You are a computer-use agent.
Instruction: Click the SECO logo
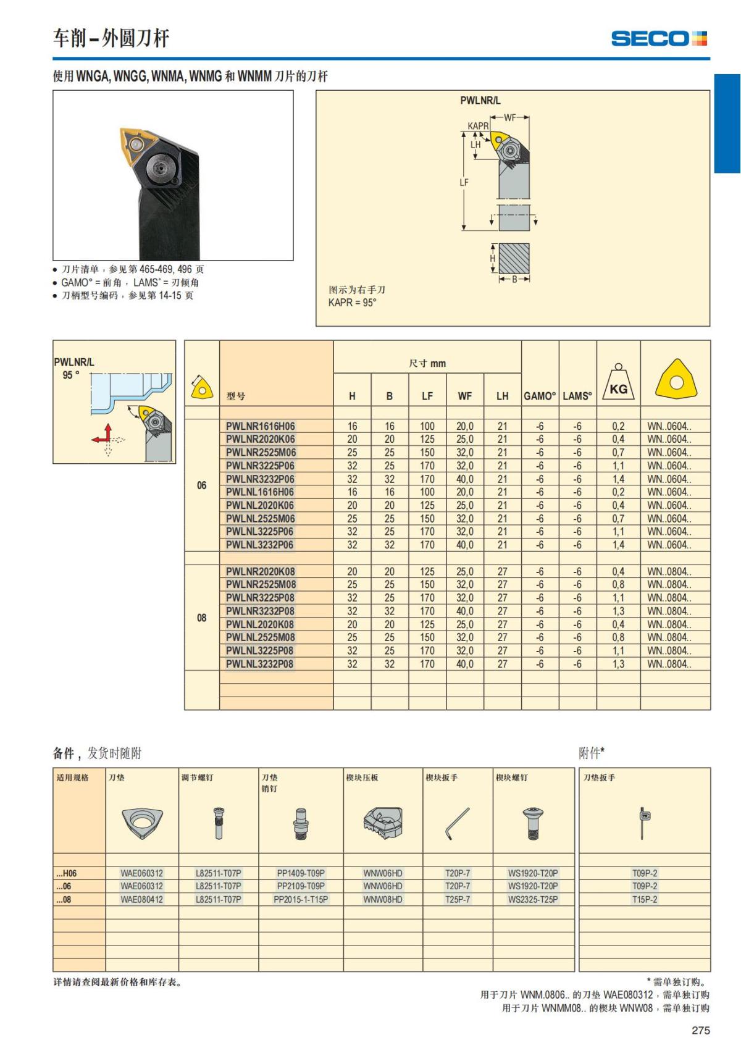(x=659, y=38)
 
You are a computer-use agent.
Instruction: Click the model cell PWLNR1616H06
(x=260, y=426)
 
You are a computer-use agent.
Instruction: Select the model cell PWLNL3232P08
(x=259, y=664)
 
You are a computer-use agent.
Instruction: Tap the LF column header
(x=427, y=396)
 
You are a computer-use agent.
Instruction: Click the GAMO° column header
(x=540, y=396)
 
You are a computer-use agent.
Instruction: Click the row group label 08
(x=202, y=618)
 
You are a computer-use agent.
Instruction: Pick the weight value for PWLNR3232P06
(x=618, y=479)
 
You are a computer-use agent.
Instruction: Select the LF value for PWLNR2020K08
(x=427, y=571)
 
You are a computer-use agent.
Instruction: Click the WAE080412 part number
(x=142, y=899)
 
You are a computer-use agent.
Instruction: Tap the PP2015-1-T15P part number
(x=301, y=899)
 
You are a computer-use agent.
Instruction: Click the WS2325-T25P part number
(x=533, y=899)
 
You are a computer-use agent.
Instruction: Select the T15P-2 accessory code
(x=645, y=899)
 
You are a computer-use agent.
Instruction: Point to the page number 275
(x=701, y=1030)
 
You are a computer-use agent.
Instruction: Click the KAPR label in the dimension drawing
(x=477, y=127)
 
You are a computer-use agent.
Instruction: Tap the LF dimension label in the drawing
(x=464, y=182)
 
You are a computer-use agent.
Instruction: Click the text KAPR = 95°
(x=352, y=303)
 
